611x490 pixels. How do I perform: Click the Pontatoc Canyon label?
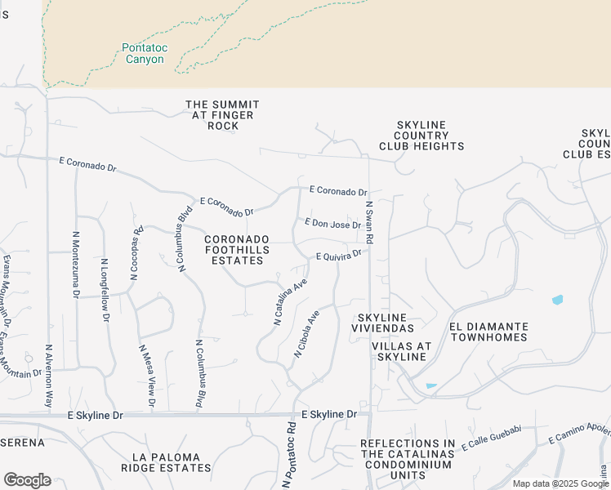point(145,53)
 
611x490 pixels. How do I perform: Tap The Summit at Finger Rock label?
point(222,115)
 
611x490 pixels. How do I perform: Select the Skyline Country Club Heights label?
point(421,136)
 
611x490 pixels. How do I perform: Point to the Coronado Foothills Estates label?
point(234,249)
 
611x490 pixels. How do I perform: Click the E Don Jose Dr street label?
point(332,223)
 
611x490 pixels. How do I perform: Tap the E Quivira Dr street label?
point(339,256)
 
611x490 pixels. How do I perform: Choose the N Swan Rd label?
point(369,223)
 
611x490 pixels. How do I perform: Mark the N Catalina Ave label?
point(290,301)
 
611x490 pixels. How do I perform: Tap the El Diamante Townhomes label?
point(488,332)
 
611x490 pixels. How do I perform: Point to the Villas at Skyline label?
point(399,352)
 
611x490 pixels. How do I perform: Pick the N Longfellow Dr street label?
point(105,291)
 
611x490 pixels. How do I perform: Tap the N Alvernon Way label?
point(49,376)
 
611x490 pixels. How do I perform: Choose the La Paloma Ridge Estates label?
point(166,462)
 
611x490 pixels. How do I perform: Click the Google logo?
point(27,480)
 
